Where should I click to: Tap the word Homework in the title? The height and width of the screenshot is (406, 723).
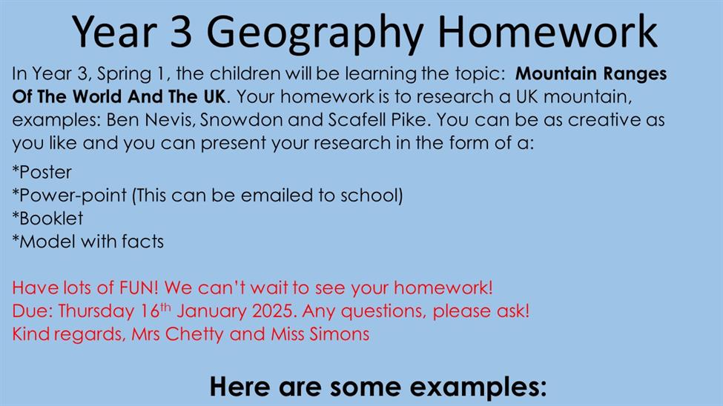tap(547, 31)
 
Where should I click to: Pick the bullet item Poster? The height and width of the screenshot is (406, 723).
tap(42, 173)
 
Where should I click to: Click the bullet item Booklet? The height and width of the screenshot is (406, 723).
tap(47, 219)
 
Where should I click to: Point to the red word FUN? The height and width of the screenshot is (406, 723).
tap(139, 288)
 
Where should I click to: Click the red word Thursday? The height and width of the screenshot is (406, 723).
tap(96, 311)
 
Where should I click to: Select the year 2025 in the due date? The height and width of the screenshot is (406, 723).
tap(272, 311)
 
